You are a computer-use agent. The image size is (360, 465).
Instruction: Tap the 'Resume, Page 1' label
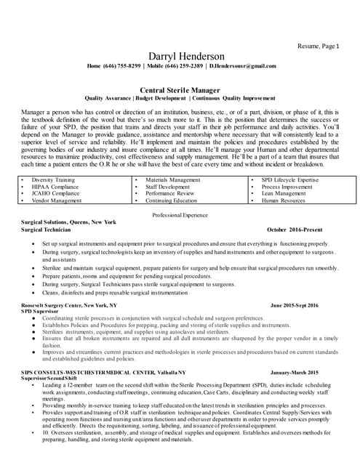click(319, 46)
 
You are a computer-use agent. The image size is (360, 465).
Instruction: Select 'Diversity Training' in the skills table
click(53, 179)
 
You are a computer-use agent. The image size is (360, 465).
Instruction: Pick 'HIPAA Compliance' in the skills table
click(52, 187)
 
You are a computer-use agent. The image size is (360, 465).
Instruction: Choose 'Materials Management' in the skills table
click(173, 179)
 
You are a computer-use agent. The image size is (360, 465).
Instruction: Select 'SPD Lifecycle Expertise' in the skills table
click(290, 179)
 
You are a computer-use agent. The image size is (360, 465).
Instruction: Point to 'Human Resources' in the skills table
click(284, 201)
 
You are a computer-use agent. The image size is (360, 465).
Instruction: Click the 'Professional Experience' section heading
click(180, 217)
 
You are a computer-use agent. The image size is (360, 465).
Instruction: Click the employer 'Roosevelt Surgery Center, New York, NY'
click(70, 306)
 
